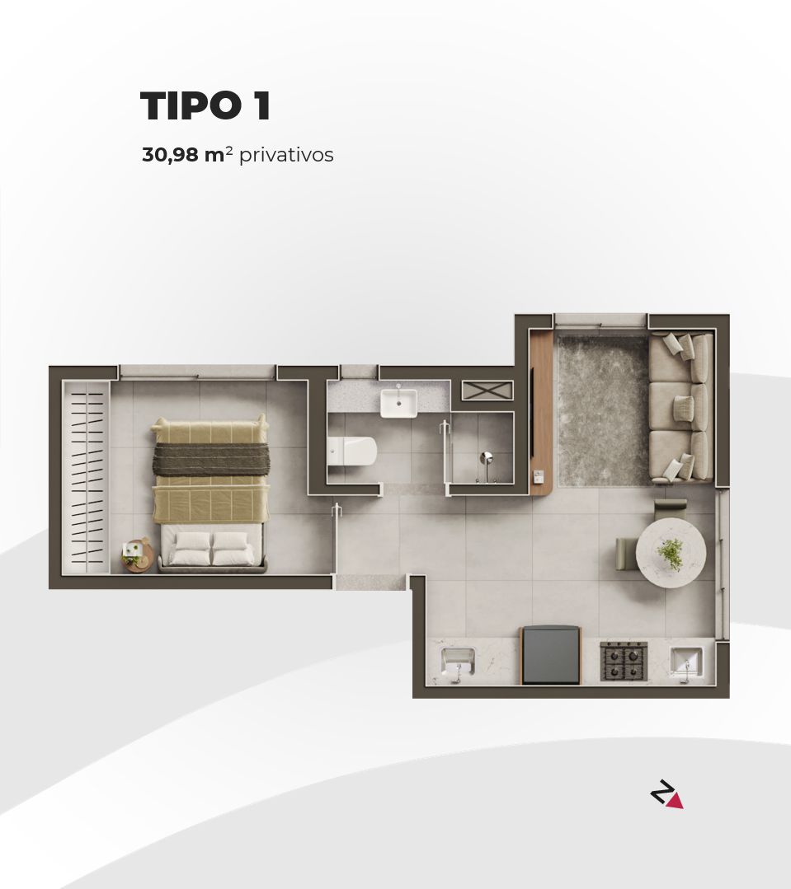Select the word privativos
(286, 155)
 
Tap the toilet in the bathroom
(352, 451)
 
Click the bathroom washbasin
(398, 402)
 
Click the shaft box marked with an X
(487, 391)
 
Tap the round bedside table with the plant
(136, 555)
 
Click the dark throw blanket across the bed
(210, 459)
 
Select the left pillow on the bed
(192, 541)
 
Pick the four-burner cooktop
(624, 660)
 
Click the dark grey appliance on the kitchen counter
(551, 654)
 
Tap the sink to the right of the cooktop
(685, 661)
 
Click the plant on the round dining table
(671, 554)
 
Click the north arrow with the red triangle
(666, 795)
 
